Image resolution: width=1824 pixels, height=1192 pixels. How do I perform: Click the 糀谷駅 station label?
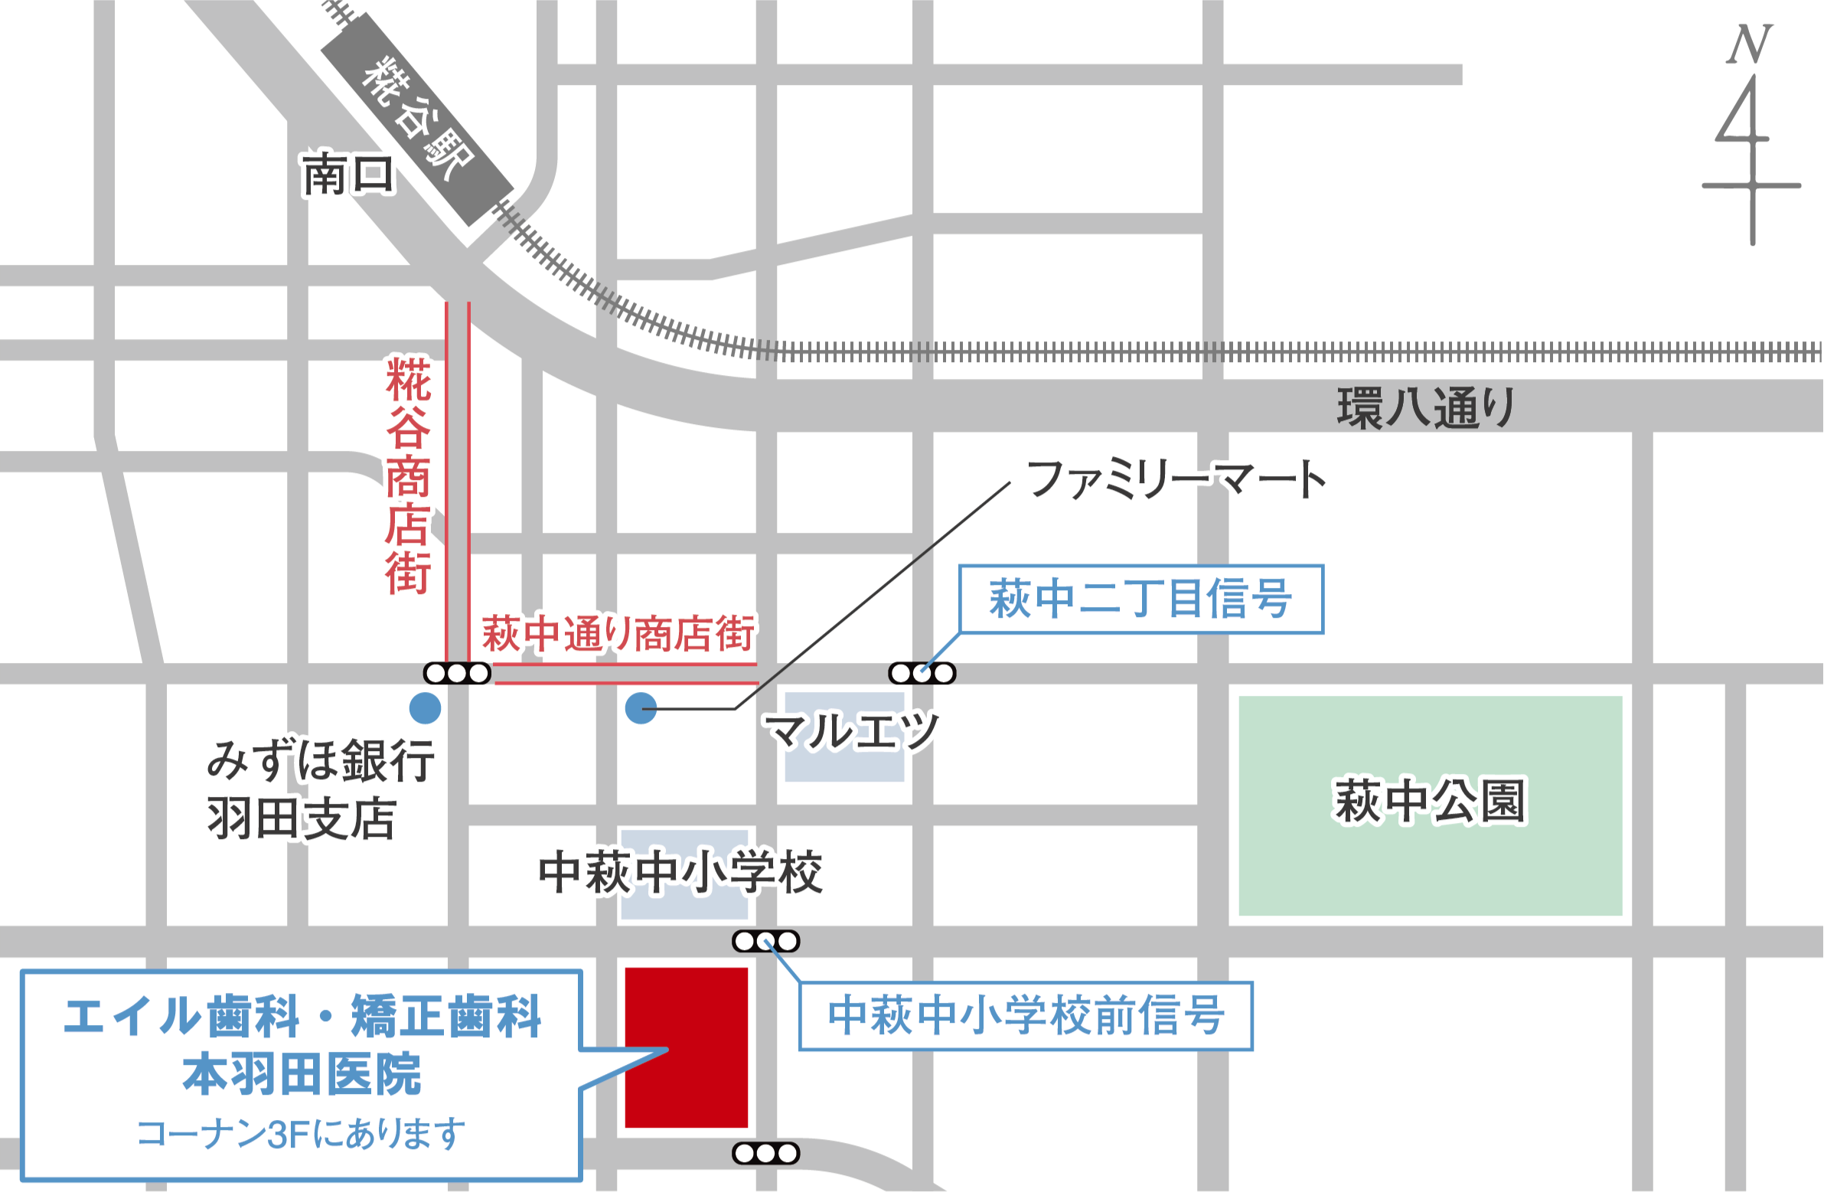coord(418,119)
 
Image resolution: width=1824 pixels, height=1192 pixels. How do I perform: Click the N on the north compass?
coord(1750,44)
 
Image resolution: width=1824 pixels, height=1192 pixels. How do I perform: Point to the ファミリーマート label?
coord(1176,479)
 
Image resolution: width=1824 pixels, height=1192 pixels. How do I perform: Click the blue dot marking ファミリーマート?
coord(641,708)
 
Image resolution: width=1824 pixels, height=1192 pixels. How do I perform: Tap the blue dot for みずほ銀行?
coord(426,708)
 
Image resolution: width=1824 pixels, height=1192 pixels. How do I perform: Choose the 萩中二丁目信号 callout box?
coord(1141,599)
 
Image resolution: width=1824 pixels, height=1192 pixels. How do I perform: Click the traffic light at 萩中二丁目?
coord(922,673)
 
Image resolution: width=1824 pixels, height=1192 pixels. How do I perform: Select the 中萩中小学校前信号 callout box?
coord(1026,1016)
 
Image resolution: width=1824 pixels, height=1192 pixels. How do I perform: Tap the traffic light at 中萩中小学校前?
coord(765,941)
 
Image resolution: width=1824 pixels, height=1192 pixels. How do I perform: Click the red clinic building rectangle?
coord(686,1047)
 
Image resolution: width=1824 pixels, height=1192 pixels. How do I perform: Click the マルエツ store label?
coord(850,730)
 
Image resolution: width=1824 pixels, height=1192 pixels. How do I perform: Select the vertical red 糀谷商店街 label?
coord(408,475)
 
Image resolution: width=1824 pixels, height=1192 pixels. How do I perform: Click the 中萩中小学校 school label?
coord(680,871)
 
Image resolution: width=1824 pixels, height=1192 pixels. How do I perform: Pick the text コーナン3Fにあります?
coord(300,1133)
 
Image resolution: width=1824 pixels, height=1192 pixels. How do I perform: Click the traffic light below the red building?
coord(765,1153)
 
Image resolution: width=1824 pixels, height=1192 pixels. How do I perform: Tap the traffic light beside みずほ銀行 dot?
coord(457,673)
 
